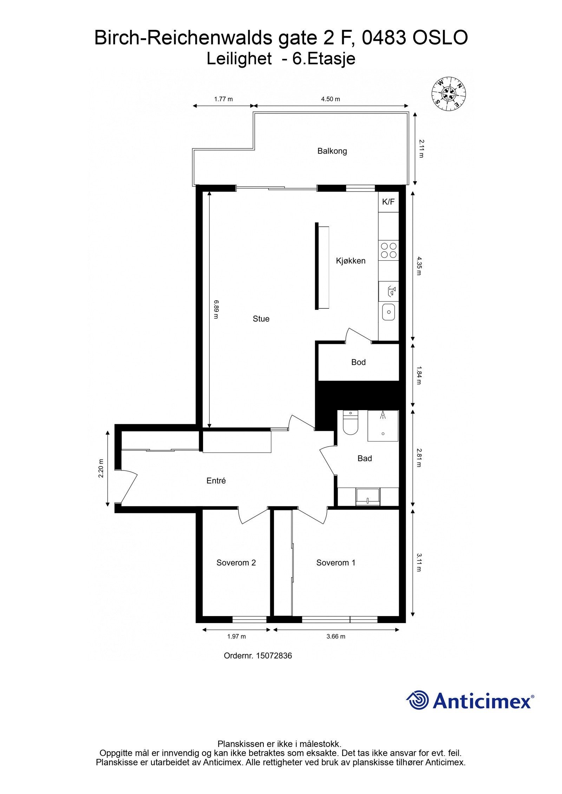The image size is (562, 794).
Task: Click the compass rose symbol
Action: [x=449, y=93]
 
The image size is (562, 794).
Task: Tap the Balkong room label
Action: [x=332, y=151]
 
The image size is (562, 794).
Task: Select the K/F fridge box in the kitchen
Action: [x=388, y=202]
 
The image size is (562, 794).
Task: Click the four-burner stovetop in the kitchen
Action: [x=388, y=250]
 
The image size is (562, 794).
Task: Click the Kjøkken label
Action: [x=351, y=261]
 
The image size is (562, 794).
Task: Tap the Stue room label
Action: [x=261, y=319]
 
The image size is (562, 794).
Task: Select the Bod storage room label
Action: [x=358, y=362]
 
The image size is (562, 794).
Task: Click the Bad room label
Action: [x=365, y=458]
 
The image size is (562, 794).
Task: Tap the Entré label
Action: [x=216, y=481]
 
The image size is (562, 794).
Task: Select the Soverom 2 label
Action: [x=236, y=563]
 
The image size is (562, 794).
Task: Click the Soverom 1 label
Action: [x=336, y=563]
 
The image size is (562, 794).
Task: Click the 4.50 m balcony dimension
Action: [x=331, y=99]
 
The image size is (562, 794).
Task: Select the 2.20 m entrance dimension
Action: [x=101, y=468]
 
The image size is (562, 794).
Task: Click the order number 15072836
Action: [x=274, y=655]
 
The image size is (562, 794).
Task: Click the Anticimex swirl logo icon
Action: [x=418, y=700]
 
